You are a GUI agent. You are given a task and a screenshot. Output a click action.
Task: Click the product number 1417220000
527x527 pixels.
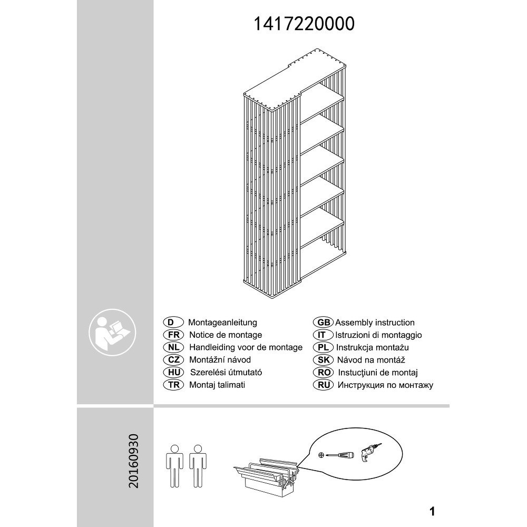[x=304, y=24]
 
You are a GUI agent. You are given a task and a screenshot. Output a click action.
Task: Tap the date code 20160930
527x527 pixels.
[x=133, y=461]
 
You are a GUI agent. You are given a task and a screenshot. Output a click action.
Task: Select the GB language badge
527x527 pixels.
[x=324, y=323]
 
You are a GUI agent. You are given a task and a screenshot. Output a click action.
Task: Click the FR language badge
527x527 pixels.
[x=173, y=335]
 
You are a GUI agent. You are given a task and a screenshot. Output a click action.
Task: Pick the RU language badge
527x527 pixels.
[x=324, y=385]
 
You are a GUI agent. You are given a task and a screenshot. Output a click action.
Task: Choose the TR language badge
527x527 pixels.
[x=173, y=385]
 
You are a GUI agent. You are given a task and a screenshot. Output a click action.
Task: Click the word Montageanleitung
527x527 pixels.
[x=222, y=323]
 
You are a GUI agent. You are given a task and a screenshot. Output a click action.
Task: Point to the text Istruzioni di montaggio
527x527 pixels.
[x=378, y=335]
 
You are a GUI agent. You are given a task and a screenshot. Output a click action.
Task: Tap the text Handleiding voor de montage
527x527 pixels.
[x=246, y=347]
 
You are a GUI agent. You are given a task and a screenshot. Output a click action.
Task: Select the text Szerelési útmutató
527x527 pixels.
[x=226, y=373]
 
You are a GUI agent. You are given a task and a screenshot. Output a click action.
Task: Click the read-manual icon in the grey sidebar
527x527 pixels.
[x=112, y=333]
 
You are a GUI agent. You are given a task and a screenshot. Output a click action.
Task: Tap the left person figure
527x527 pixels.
[x=174, y=466]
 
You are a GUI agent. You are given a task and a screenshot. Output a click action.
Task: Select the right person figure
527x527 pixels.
[x=198, y=466]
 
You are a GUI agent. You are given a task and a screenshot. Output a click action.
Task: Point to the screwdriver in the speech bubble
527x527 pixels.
[x=339, y=455]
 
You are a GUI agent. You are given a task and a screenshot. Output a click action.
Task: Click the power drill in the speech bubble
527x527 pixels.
[x=371, y=452]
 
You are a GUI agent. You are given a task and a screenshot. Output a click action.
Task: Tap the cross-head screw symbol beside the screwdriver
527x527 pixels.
[x=321, y=455]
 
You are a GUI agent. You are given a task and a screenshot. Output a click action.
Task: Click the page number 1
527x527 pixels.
[x=432, y=512]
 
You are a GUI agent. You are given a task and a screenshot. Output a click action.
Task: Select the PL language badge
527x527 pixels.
[x=324, y=347]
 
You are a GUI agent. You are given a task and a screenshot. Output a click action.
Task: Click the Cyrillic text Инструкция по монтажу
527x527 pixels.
[x=385, y=385]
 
